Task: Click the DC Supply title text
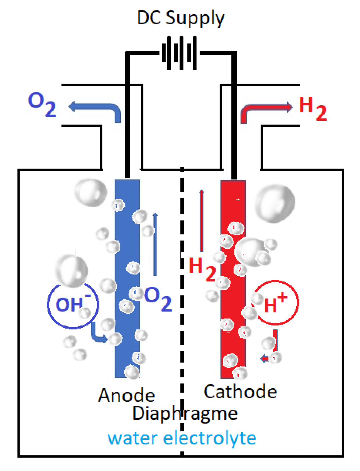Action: pyautogui.click(x=180, y=18)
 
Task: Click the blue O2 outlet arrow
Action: pyautogui.click(x=94, y=112)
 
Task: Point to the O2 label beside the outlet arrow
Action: pyautogui.click(x=42, y=104)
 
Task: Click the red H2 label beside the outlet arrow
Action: pyautogui.click(x=313, y=108)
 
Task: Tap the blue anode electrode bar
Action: pyautogui.click(x=127, y=279)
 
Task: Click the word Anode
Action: pyautogui.click(x=127, y=395)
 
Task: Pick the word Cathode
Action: pyautogui.click(x=240, y=391)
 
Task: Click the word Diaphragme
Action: pyautogui.click(x=185, y=414)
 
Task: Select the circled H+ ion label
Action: pyautogui.click(x=276, y=302)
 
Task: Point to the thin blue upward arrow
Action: pyautogui.click(x=155, y=244)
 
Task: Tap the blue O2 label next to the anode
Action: pyautogui.click(x=158, y=299)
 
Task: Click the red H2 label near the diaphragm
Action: pyautogui.click(x=202, y=269)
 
